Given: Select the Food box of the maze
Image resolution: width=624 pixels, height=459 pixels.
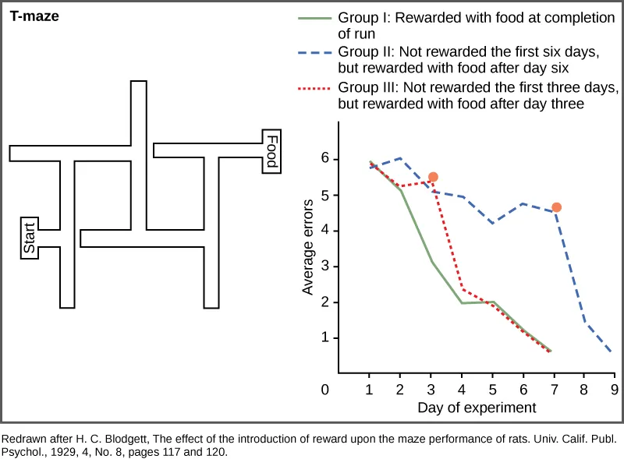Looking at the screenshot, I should [x=271, y=151].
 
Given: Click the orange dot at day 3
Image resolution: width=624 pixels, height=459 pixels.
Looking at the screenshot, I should [x=433, y=177].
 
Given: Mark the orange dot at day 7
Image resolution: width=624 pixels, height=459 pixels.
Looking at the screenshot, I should [x=556, y=207].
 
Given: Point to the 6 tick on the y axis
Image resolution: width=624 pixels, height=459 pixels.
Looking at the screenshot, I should [x=324, y=159].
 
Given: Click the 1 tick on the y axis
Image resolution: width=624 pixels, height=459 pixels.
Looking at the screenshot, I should [x=324, y=338].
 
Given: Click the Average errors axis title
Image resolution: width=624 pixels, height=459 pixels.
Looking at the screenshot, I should [x=308, y=247].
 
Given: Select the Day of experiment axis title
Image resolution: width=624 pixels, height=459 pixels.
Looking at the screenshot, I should [x=476, y=408].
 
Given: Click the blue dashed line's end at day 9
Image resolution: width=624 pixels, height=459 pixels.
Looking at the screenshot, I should [x=611, y=352].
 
